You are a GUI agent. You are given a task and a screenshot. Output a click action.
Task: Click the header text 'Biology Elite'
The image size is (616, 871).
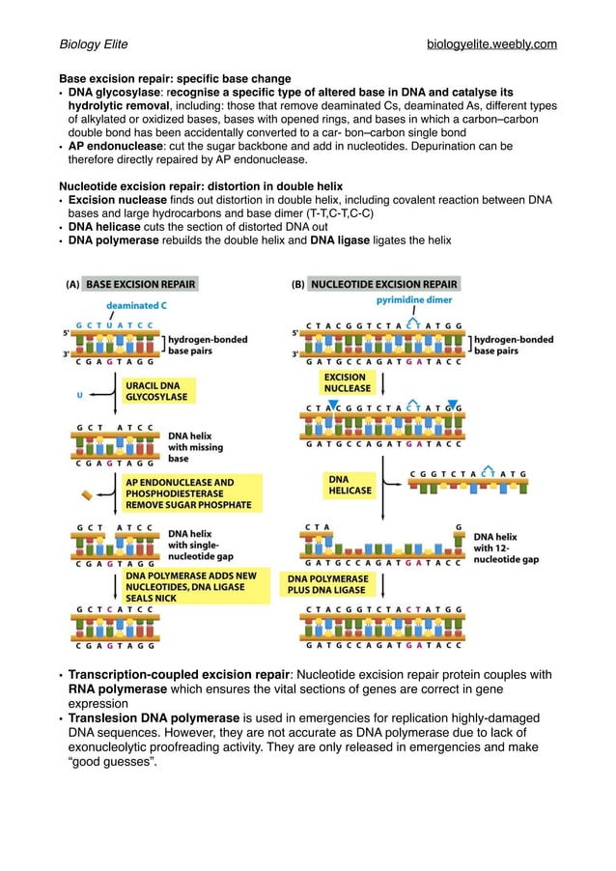[94, 44]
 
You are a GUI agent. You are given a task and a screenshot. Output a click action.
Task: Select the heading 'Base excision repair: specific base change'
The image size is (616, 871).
[175, 78]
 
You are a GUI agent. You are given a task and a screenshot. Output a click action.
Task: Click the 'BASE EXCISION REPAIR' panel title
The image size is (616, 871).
[141, 285]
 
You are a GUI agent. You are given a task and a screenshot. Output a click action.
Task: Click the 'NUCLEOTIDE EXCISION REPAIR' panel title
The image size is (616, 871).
[384, 285]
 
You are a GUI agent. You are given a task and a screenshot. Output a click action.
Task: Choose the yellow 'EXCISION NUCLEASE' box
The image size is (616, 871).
[347, 382]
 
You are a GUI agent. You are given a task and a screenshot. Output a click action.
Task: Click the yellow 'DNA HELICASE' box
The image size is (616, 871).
[350, 484]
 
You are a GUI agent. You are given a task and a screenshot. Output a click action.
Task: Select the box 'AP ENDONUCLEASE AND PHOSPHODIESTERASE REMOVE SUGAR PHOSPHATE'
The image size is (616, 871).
[188, 492]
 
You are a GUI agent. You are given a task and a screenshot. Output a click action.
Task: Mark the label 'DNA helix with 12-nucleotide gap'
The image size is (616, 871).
[505, 548]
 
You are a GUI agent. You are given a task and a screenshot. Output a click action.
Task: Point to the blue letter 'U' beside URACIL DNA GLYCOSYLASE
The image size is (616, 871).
[78, 394]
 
